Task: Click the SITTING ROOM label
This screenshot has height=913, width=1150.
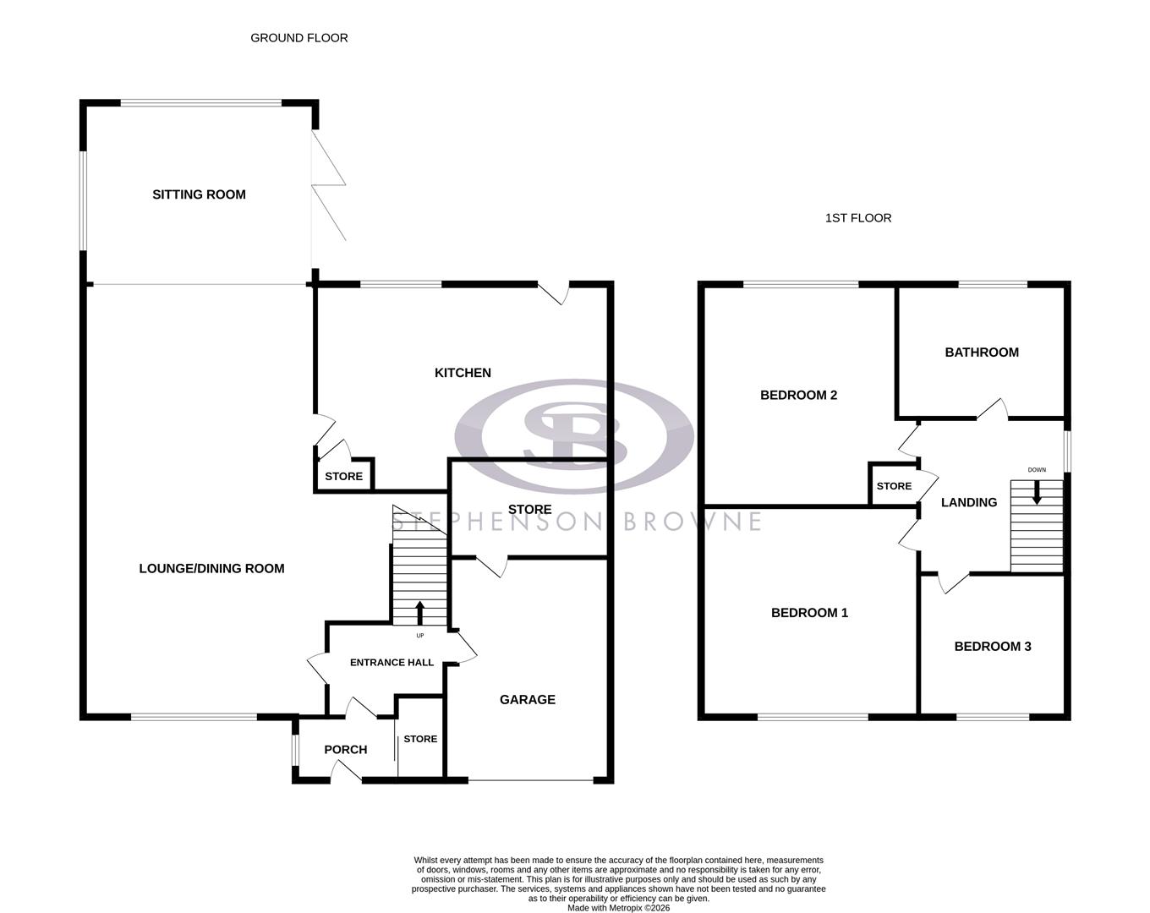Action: (x=199, y=194)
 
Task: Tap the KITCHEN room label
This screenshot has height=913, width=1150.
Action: (x=463, y=373)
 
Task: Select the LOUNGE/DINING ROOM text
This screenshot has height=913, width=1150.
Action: (x=211, y=569)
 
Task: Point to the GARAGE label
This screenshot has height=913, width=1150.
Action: (x=527, y=700)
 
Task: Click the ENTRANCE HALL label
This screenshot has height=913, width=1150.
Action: (x=392, y=663)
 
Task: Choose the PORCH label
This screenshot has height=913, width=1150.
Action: (x=345, y=750)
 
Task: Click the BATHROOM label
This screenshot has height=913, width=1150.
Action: (x=982, y=353)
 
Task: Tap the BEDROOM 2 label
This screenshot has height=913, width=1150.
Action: (x=798, y=395)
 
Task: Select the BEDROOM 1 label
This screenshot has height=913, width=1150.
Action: (x=809, y=613)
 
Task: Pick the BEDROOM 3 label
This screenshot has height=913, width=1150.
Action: (x=992, y=647)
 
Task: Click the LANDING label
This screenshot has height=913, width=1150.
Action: (x=969, y=502)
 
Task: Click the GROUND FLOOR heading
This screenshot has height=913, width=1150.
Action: (x=298, y=38)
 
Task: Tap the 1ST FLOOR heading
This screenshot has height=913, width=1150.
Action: (x=857, y=218)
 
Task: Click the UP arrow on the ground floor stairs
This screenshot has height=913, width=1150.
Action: (x=420, y=612)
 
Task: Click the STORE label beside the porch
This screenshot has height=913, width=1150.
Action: (x=420, y=739)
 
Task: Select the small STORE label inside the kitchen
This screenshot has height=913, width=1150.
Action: (x=343, y=477)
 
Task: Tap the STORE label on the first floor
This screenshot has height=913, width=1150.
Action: (x=894, y=486)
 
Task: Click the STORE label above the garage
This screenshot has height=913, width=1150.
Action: (x=529, y=510)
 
